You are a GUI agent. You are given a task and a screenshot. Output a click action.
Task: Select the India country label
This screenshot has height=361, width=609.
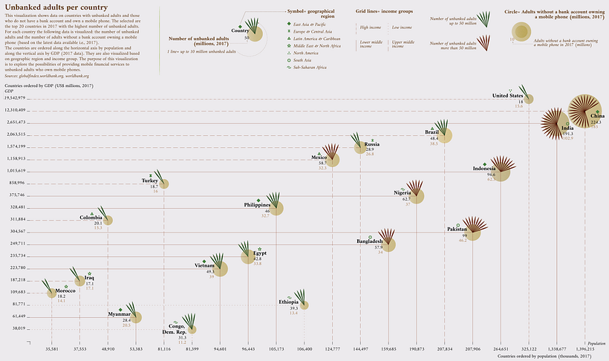pyautogui.click(x=567, y=129)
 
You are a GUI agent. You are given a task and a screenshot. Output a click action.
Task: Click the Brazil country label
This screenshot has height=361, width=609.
pyautogui.click(x=431, y=132)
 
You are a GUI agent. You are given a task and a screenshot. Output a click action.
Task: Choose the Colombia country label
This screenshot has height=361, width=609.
pyautogui.click(x=91, y=217)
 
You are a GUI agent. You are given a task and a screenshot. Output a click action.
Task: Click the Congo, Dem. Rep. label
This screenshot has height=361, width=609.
pyautogui.click(x=177, y=329)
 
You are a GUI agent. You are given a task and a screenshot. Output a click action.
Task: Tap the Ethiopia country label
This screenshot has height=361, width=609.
pyautogui.click(x=289, y=302)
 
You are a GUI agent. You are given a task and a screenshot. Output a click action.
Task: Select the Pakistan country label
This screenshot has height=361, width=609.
pyautogui.click(x=457, y=230)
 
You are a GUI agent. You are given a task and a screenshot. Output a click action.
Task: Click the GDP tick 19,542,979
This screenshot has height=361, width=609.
pyautogui.click(x=15, y=97)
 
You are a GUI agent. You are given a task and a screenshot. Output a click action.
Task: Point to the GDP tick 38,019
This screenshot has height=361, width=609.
pyautogui.click(x=19, y=328)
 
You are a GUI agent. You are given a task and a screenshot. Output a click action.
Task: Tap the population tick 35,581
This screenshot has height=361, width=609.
pyautogui.click(x=51, y=348)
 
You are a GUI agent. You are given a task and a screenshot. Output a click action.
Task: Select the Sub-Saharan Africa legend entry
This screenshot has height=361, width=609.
pyautogui.click(x=308, y=67)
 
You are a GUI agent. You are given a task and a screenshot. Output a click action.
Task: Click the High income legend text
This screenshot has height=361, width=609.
pyautogui.click(x=370, y=27)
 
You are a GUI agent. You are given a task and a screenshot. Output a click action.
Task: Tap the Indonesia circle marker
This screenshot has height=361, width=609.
pyautogui.click(x=501, y=174)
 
